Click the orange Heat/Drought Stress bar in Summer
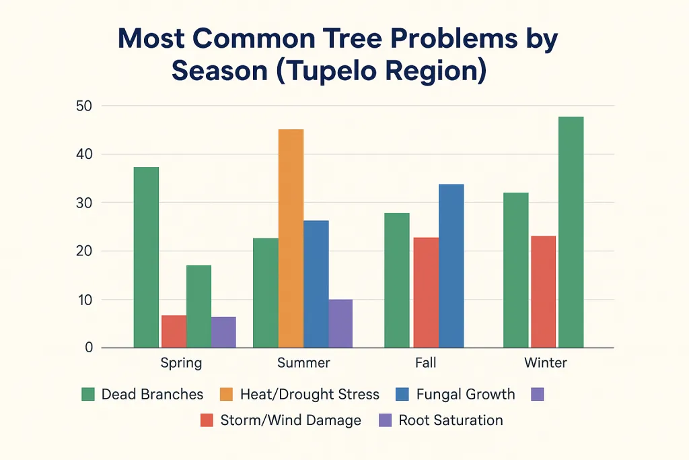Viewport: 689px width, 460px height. click(291, 238)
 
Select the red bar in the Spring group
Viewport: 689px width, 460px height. click(174, 331)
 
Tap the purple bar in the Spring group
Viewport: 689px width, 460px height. click(223, 332)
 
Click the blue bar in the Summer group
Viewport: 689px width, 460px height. click(316, 284)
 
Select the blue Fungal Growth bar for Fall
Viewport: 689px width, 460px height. click(451, 265)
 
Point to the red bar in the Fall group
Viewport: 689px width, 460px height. click(426, 292)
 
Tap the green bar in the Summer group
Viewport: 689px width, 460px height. click(265, 293)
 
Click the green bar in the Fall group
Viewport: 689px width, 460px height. click(397, 280)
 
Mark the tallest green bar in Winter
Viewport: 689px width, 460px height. click(571, 232)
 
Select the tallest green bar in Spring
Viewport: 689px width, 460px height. click(146, 257)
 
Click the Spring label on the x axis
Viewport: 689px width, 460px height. click(181, 363)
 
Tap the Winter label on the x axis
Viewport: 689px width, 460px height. click(546, 363)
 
